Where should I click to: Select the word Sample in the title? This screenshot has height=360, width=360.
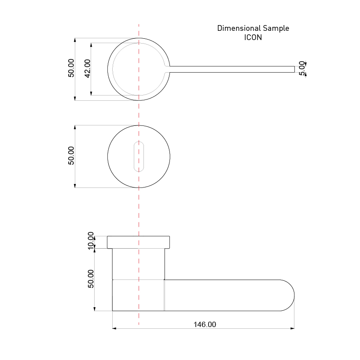(276, 28)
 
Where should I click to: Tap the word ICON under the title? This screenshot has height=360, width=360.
(253, 37)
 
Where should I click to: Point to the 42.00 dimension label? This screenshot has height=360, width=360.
(87, 68)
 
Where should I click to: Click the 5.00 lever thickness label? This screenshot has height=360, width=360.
(301, 68)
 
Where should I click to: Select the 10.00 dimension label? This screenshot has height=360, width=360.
(91, 241)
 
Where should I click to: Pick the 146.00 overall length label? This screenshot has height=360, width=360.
(205, 324)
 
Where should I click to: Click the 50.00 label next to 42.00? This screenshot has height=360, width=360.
(71, 68)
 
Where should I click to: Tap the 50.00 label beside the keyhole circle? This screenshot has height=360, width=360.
(71, 156)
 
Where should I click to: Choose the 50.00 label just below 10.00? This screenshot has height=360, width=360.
(91, 279)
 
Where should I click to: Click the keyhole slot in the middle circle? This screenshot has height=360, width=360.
(139, 156)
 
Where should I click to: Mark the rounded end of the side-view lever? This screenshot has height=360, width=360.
(288, 295)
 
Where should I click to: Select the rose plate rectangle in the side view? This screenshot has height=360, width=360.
(139, 242)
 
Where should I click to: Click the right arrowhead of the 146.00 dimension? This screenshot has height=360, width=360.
(292, 328)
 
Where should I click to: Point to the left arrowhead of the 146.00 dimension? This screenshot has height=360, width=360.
(114, 328)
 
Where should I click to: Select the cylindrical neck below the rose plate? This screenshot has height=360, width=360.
(139, 264)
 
